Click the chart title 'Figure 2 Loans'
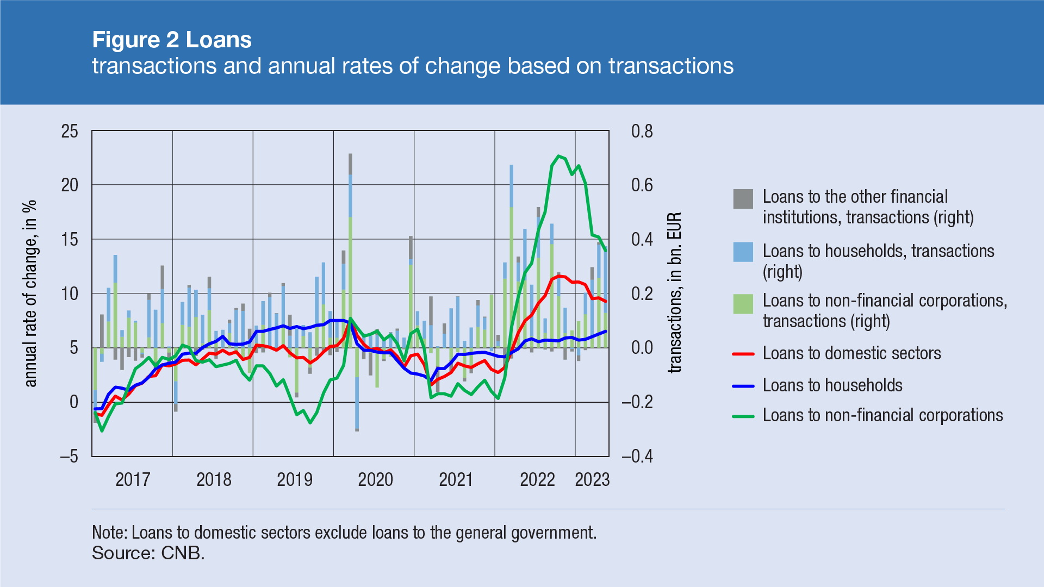tap(172, 40)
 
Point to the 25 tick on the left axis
tap(70, 132)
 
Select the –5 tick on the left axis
tap(69, 457)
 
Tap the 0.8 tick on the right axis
tap(642, 132)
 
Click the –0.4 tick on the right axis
tap(637, 457)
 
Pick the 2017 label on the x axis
tap(133, 479)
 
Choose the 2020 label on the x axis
tap(375, 479)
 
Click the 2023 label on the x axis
tap(592, 479)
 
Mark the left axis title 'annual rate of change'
tap(31, 293)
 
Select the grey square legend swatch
tap(743, 199)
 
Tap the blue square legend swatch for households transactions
tap(743, 252)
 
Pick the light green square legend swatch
tap(743, 304)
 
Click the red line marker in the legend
tap(743, 354)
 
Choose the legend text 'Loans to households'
tap(832, 385)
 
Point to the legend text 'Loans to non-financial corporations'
tap(883, 415)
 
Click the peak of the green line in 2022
tap(558, 156)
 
